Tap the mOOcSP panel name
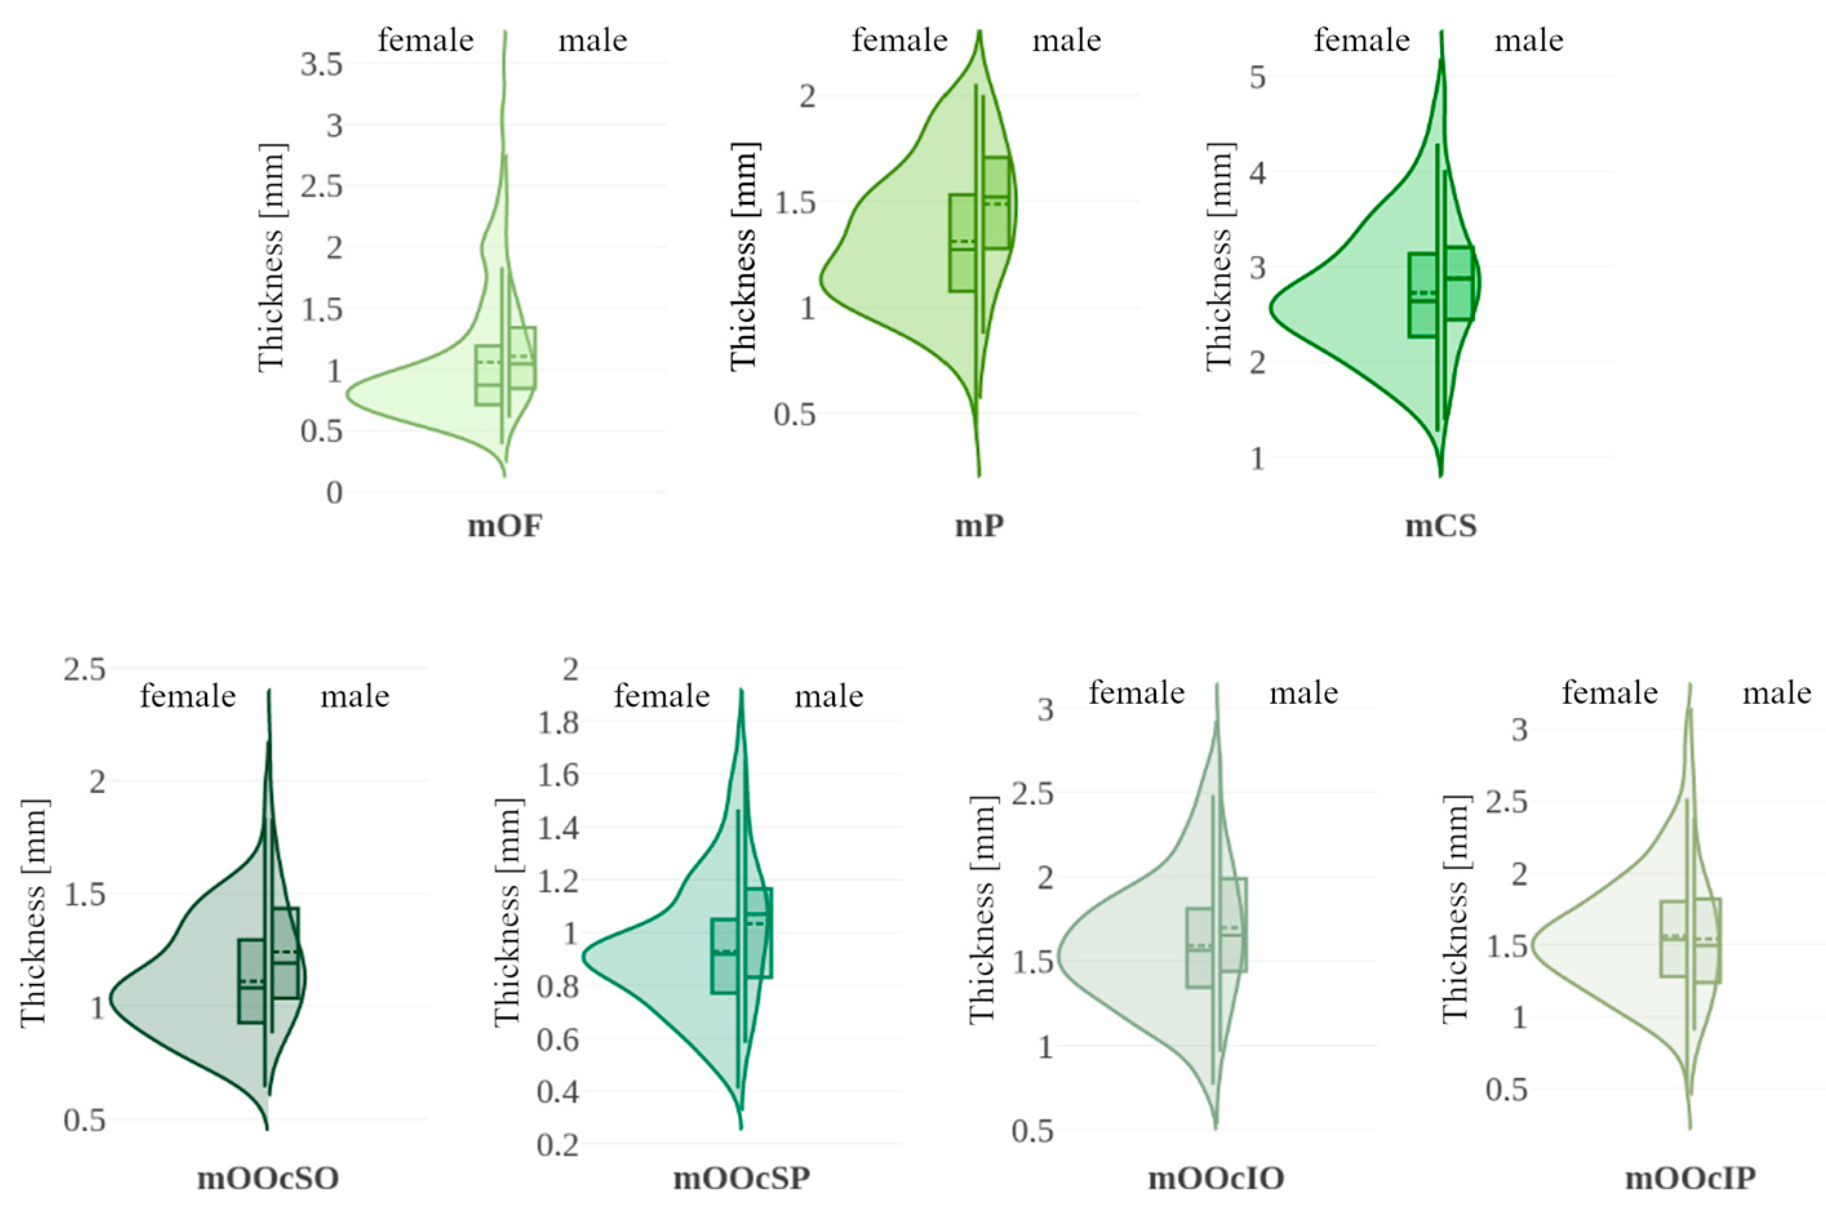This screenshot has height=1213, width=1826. click(741, 1178)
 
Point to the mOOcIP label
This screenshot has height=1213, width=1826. click(1689, 1178)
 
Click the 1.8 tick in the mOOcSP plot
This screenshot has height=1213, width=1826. click(559, 723)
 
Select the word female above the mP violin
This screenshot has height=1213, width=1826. click(899, 40)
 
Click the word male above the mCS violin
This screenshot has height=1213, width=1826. click(1529, 40)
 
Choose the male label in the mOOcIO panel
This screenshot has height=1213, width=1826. click(1303, 693)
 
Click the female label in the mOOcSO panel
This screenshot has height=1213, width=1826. click(188, 696)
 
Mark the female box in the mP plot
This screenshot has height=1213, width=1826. click(962, 243)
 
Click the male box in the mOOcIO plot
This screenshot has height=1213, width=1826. click(1234, 925)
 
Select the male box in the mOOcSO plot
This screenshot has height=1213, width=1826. click(285, 952)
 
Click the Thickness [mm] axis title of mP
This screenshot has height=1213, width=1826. click(744, 257)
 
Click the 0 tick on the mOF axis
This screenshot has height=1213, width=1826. click(334, 493)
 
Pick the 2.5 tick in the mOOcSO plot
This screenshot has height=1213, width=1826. click(85, 669)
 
